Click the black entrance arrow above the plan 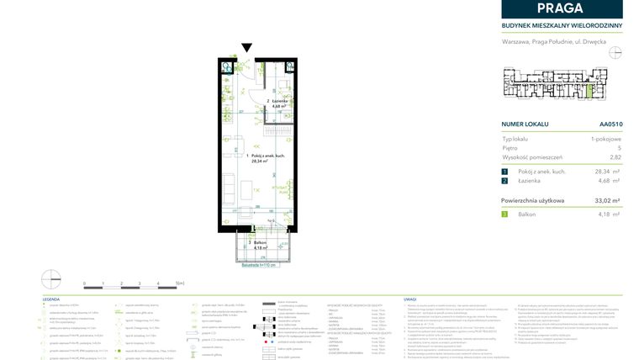(x=246, y=49)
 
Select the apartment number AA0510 (x=610, y=124)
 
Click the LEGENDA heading (x=51, y=299)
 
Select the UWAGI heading (x=410, y=299)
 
